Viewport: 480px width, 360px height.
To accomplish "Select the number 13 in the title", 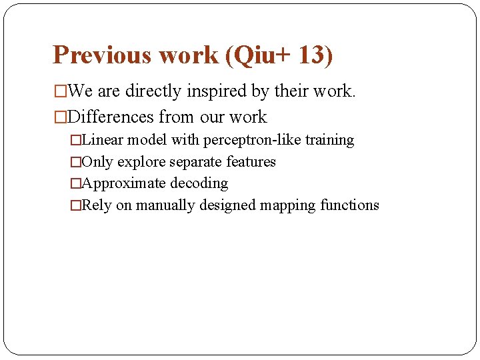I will pyautogui.click(x=312, y=55).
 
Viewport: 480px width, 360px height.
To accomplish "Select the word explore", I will pyautogui.click(x=142, y=162).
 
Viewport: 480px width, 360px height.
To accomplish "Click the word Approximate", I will pyautogui.click(x=123, y=183).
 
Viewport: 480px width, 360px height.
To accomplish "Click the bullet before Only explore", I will pyautogui.click(x=75, y=163).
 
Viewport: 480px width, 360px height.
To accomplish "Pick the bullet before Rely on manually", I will pyautogui.click(x=75, y=206).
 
